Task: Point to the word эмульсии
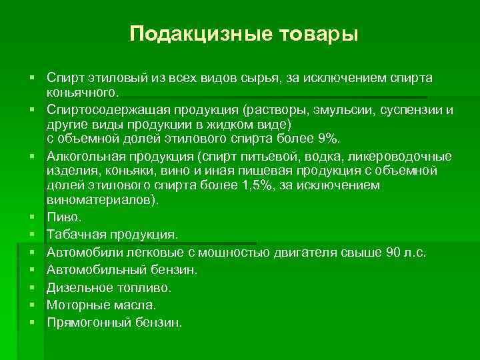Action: pos(321,109)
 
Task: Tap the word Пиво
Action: pos(63,217)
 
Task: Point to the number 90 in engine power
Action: pos(393,252)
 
